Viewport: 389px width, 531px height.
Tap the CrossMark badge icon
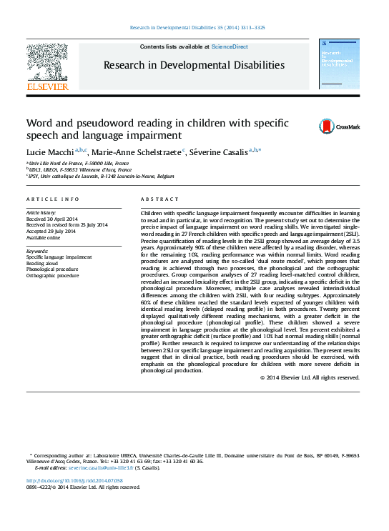(307, 126)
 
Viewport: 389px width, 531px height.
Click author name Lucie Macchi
(51, 152)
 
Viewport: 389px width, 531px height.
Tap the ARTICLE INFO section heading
(52, 199)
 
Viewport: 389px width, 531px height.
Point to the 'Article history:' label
(42, 213)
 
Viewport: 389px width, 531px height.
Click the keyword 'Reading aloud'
(42, 263)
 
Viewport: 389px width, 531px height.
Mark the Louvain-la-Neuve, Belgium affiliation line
(102, 176)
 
